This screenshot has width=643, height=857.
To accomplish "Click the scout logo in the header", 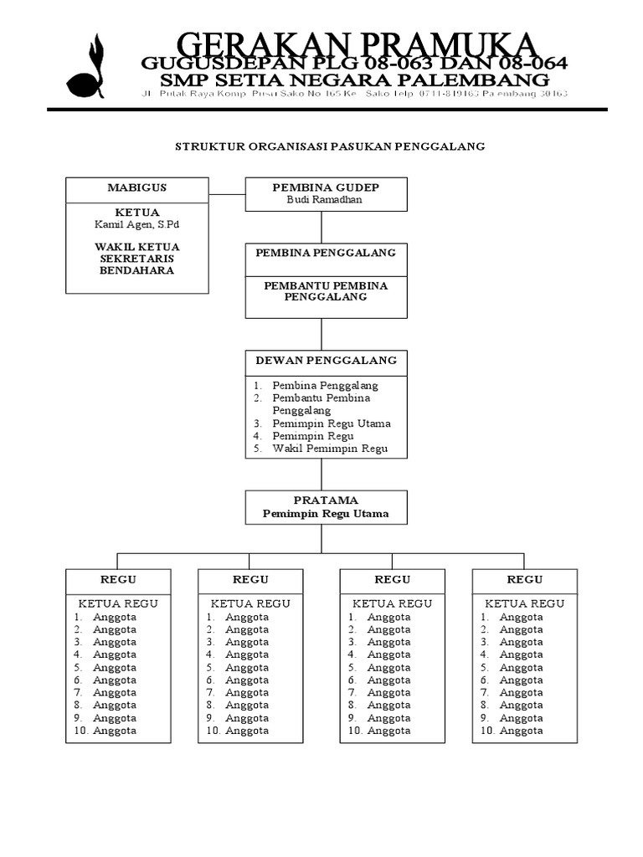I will click(86, 68).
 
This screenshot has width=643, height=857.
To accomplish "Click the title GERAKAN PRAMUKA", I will click(355, 44).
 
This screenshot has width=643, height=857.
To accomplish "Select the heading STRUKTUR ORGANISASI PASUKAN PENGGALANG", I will click(330, 146).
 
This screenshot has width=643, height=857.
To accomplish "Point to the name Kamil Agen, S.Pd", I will click(137, 224).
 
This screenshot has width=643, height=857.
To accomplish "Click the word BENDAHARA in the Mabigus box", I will click(137, 270).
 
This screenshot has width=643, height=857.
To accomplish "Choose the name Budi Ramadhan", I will click(326, 201).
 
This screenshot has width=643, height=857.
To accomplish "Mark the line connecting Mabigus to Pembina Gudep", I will click(227, 194).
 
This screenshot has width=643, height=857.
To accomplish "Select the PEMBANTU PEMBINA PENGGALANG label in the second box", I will click(326, 291).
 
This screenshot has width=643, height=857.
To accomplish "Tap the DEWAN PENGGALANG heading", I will click(326, 361).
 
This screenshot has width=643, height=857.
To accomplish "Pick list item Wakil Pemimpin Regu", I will click(331, 449).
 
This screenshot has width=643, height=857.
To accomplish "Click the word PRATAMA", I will click(326, 500).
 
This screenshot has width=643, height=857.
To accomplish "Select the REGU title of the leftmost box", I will click(118, 579).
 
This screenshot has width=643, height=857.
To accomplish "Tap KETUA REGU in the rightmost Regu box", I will click(525, 603).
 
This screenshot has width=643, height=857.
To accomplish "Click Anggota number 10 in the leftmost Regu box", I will click(115, 731).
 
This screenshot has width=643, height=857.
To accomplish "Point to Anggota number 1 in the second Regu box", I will click(247, 617).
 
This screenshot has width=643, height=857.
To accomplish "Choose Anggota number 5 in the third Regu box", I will click(388, 668).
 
